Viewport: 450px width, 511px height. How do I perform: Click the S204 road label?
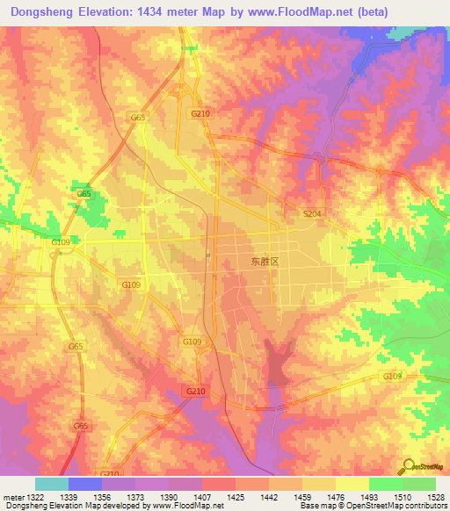[311, 213]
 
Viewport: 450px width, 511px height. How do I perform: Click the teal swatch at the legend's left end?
[51, 484]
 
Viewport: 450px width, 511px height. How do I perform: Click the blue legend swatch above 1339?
[84, 484]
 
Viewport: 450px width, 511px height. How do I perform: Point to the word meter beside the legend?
[12, 498]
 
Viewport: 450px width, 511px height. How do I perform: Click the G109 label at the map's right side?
[391, 376]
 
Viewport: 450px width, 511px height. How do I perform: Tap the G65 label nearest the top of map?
[137, 117]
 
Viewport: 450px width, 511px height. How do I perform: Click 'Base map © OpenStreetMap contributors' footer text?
[372, 507]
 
